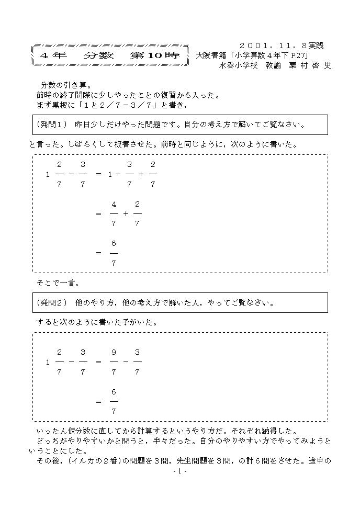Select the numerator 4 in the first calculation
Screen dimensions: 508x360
(114, 204)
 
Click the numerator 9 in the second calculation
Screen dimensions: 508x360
(114, 352)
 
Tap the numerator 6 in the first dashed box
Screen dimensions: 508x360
(114, 243)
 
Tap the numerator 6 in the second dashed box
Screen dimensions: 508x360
(114, 391)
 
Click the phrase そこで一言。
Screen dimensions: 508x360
(58, 283)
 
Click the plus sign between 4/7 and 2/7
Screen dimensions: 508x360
(126, 214)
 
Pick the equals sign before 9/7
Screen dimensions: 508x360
(98, 362)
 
